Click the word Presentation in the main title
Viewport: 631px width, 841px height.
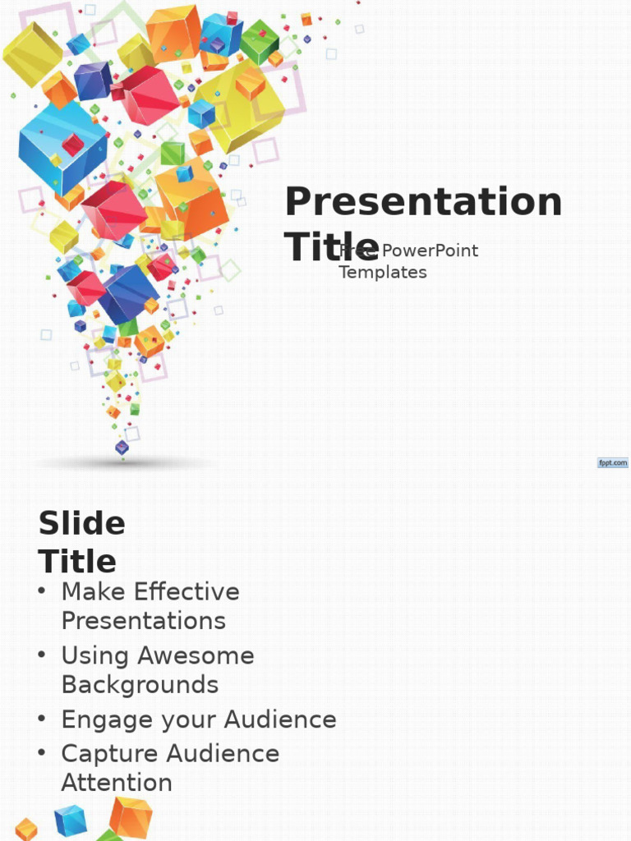point(423,202)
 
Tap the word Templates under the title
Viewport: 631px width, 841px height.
point(383,272)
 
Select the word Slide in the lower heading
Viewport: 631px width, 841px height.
point(82,523)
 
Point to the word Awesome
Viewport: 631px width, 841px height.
point(196,655)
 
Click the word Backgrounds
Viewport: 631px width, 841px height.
point(140,684)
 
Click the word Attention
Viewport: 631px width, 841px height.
point(117,782)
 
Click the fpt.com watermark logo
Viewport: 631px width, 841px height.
point(613,463)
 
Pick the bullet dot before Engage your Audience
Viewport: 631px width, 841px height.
point(42,719)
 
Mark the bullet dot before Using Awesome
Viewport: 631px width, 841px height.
point(42,655)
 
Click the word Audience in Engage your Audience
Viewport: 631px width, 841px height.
point(280,719)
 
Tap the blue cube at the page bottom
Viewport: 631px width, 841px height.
point(71,820)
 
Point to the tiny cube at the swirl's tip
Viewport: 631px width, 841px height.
point(122,448)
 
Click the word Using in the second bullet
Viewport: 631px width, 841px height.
point(96,655)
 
